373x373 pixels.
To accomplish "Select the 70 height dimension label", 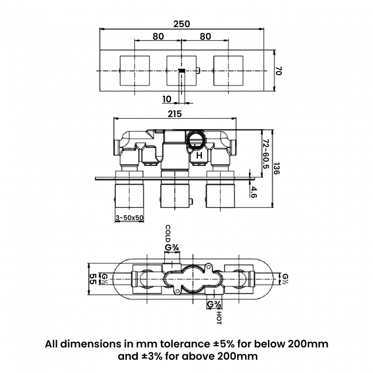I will click(279, 71).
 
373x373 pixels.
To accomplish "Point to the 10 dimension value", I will click(167, 98).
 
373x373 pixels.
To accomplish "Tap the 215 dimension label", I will click(175, 114).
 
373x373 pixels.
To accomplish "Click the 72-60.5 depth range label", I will click(266, 152).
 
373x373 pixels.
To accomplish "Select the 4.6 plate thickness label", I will click(253, 191).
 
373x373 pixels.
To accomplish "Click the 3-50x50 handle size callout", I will click(130, 218).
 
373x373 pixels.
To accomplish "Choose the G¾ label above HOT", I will click(214, 304).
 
